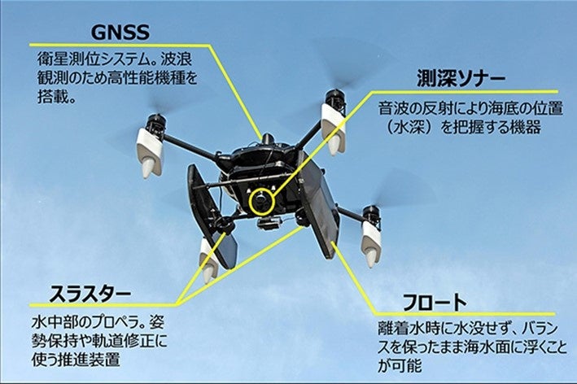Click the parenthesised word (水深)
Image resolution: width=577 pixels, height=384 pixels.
click(x=409, y=128)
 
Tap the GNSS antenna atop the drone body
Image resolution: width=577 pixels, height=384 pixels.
click(x=265, y=136)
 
